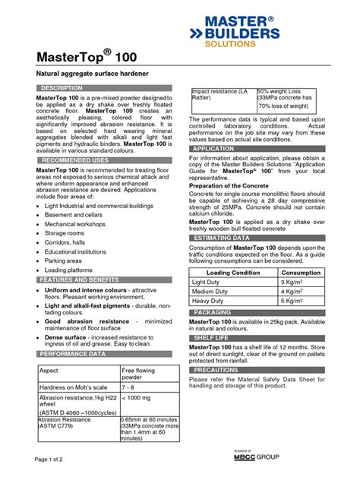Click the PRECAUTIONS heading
217,370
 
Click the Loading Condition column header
233,272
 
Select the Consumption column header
301,272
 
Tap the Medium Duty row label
212,291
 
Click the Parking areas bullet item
64,260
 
